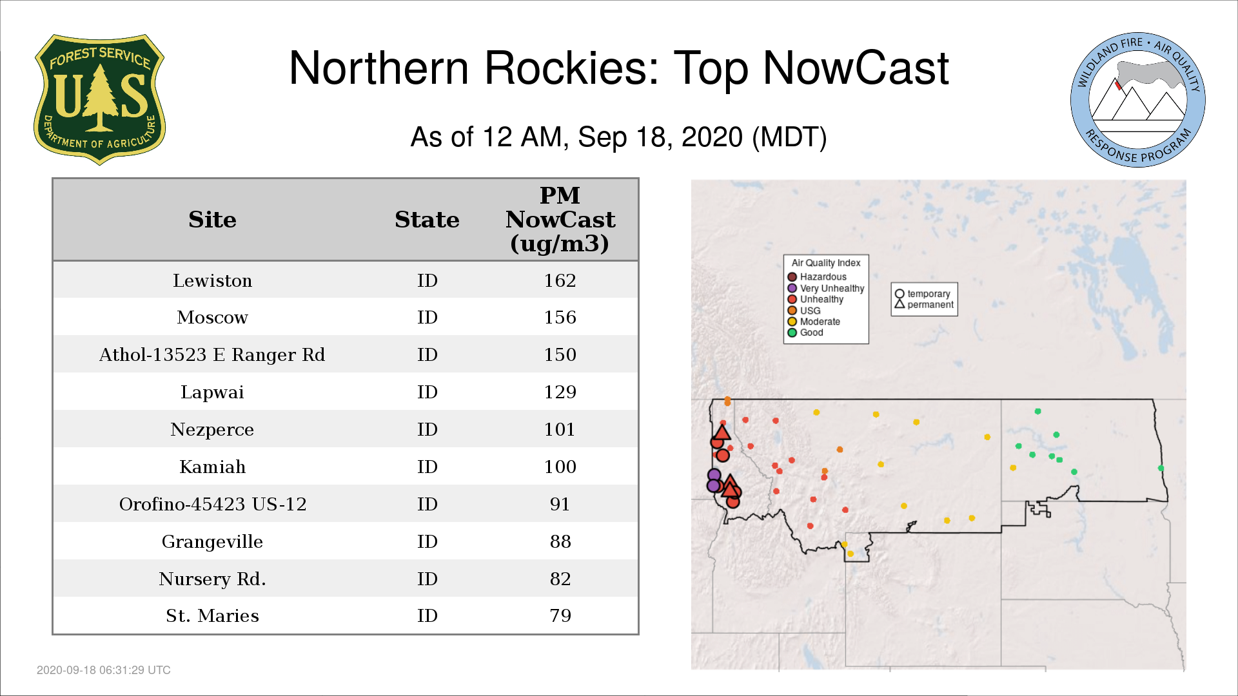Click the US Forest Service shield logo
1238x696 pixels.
(99, 100)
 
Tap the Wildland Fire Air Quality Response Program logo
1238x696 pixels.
(1137, 100)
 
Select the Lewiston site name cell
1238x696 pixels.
(212, 280)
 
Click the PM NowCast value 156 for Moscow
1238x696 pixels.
(560, 317)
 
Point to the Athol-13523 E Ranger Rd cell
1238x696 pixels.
(212, 354)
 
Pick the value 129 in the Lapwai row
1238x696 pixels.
(560, 392)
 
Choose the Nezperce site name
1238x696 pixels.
(212, 429)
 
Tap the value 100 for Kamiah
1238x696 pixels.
(560, 467)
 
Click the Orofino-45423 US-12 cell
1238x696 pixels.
(213, 504)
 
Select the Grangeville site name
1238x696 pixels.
(212, 541)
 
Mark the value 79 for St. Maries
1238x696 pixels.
(560, 615)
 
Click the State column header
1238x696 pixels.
(427, 219)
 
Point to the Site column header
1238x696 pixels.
(212, 219)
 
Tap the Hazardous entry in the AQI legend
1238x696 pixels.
(817, 277)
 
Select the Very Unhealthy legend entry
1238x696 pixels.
(826, 288)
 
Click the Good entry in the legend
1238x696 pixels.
(805, 333)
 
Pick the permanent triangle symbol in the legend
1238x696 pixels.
(899, 304)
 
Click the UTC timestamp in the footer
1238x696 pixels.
(104, 670)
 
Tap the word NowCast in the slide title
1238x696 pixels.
(856, 68)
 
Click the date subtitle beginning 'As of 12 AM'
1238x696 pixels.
(619, 137)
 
